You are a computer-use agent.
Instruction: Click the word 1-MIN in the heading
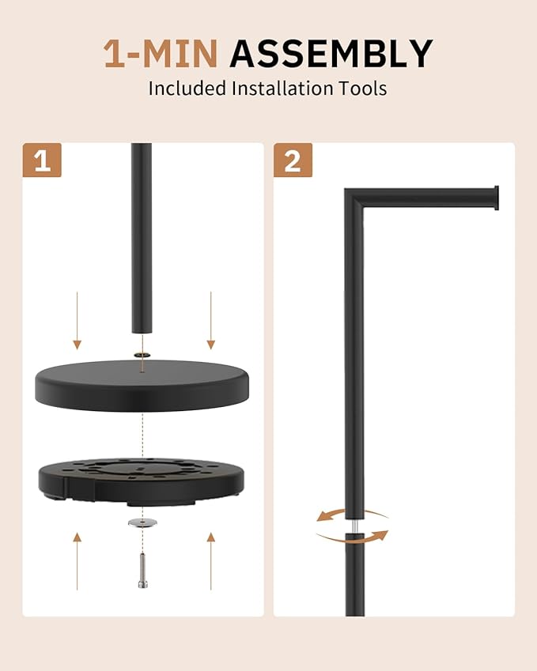tap(161, 53)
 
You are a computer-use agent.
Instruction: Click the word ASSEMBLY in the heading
tap(331, 53)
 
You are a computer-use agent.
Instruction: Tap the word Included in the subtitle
tap(187, 89)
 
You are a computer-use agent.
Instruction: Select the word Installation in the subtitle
tap(282, 89)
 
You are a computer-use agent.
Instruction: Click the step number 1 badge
tap(42, 160)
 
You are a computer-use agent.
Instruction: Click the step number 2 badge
tap(293, 160)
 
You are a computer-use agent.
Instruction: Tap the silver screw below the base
tap(142, 571)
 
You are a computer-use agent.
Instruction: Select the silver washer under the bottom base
tap(142, 522)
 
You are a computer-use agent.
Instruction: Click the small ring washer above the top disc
tap(142, 355)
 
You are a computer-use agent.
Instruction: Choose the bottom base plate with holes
tap(142, 481)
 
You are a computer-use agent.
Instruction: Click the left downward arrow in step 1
tap(77, 321)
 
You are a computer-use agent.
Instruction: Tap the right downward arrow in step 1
tap(210, 321)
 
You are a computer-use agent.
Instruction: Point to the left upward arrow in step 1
tap(77, 561)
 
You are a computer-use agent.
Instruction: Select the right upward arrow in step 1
tap(210, 561)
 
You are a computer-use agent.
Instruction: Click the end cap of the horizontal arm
tap(497, 198)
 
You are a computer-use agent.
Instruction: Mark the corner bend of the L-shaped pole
tap(354, 198)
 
